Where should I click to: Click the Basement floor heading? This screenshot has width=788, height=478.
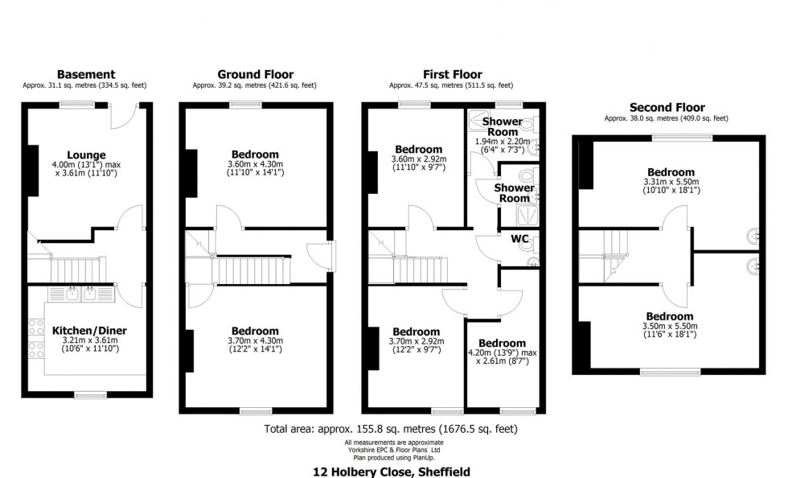click(x=86, y=74)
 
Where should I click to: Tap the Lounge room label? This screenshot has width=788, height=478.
click(x=87, y=155)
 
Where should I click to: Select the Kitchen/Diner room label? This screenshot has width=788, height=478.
click(x=89, y=330)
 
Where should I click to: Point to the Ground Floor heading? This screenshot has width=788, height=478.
click(x=255, y=74)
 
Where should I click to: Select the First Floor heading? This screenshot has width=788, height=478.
click(x=451, y=74)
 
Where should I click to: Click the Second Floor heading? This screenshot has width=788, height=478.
click(x=667, y=107)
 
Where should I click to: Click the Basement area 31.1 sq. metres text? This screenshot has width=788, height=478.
click(x=85, y=84)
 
